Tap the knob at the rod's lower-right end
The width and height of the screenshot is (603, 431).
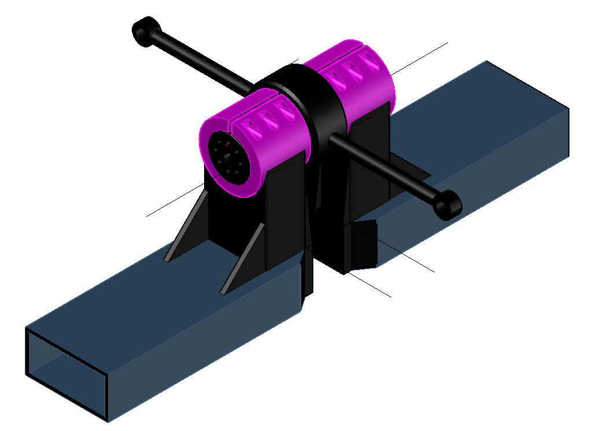(x=447, y=204)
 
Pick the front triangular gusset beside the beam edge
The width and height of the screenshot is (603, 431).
(x=239, y=260)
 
